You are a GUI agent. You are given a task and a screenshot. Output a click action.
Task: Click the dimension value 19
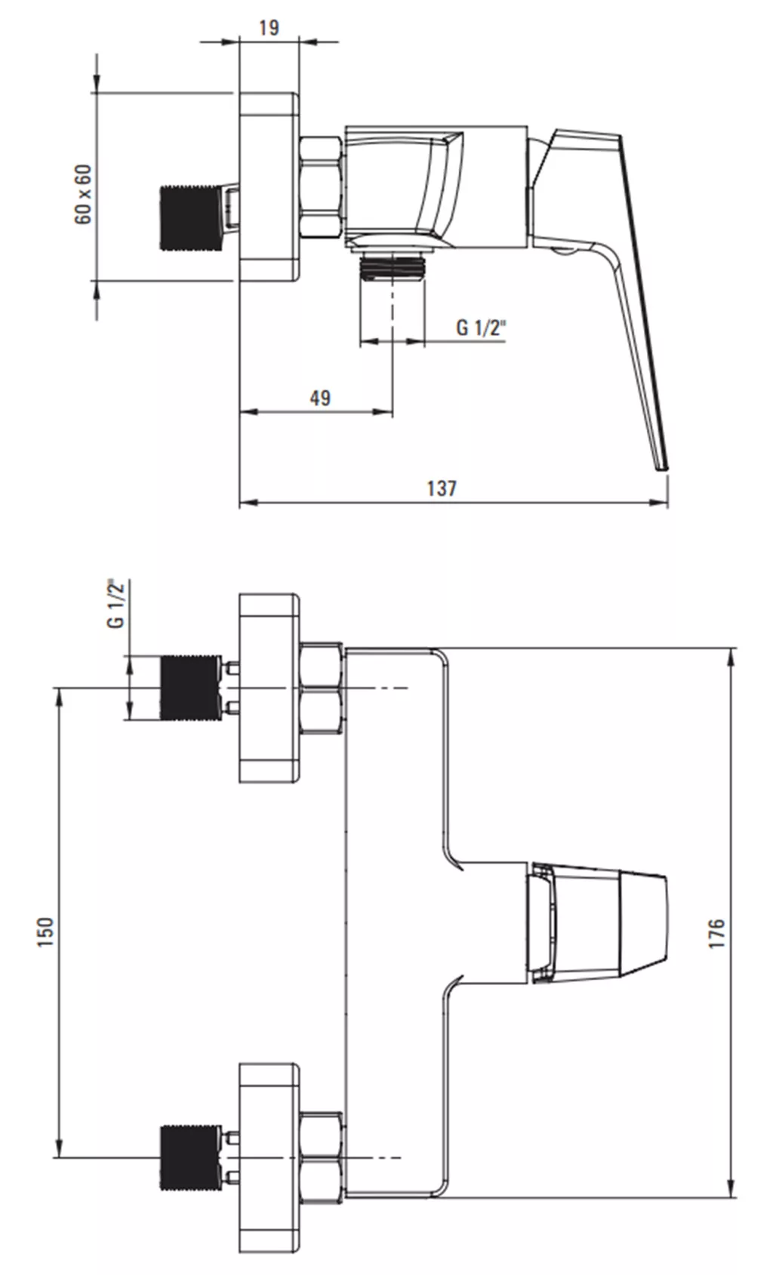[269, 27]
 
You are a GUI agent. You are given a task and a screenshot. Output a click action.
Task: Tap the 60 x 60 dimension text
[83, 194]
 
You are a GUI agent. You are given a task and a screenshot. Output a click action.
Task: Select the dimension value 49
[320, 397]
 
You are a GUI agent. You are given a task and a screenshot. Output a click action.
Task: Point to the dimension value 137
[442, 488]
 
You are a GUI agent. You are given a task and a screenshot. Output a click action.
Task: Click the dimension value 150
[45, 932]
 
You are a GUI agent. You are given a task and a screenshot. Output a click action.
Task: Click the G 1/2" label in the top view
[481, 328]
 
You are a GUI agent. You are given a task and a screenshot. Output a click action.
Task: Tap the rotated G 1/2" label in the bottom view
[115, 604]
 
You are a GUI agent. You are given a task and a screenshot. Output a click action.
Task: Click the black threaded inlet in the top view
[190, 218]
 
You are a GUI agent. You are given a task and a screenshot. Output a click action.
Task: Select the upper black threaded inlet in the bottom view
[190, 688]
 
